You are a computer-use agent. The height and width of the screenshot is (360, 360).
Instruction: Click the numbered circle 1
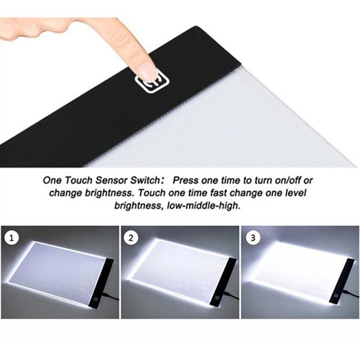(12, 238)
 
